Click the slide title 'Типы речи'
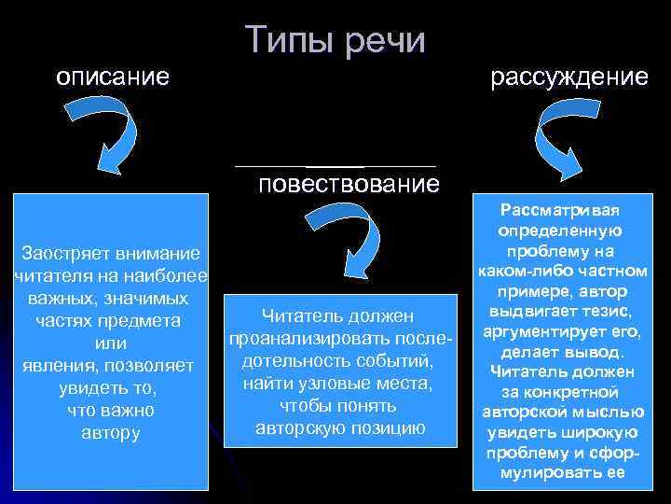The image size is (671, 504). pyautogui.click(x=336, y=41)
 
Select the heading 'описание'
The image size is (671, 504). pyautogui.click(x=113, y=77)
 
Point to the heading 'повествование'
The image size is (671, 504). pyautogui.click(x=349, y=184)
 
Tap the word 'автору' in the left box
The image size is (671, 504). pyautogui.click(x=111, y=432)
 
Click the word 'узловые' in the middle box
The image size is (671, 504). pyautogui.click(x=327, y=383)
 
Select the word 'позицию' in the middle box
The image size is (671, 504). pyautogui.click(x=390, y=427)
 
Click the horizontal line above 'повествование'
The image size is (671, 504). pyautogui.click(x=335, y=166)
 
